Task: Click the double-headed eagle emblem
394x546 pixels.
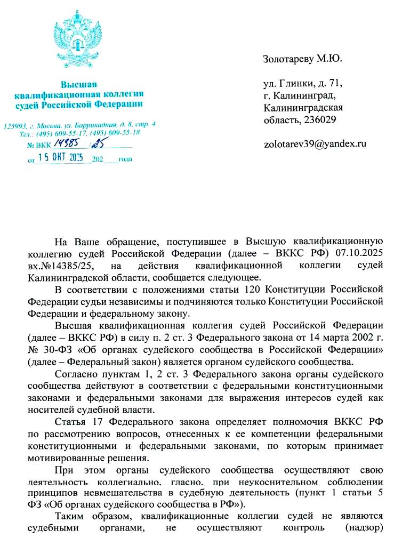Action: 78,41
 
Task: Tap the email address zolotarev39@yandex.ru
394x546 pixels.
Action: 315,144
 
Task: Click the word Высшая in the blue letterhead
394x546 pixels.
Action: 78,85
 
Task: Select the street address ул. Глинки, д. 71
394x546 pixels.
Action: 302,84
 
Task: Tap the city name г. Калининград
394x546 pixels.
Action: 299,96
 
